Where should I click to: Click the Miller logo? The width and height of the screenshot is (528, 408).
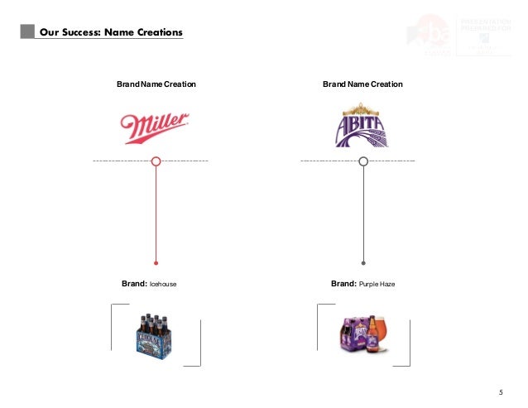tap(155, 127)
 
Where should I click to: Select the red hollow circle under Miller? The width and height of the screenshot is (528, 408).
tap(156, 161)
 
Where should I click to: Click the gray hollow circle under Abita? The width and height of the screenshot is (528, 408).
tap(362, 161)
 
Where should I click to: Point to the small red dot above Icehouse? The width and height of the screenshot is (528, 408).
tap(156, 262)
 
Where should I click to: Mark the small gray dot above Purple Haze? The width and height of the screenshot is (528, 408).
tap(362, 262)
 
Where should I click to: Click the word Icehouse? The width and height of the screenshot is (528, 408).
tap(163, 285)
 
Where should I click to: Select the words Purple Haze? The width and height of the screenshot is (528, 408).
tap(377, 285)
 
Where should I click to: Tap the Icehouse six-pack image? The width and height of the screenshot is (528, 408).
tap(156, 335)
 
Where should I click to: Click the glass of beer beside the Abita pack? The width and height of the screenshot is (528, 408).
tap(373, 331)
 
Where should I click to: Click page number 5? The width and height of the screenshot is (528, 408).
tap(501, 391)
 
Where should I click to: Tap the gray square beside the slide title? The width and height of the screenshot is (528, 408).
tap(28, 32)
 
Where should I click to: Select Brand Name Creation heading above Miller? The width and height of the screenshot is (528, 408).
tap(156, 84)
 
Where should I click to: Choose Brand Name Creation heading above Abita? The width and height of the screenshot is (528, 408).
tap(362, 84)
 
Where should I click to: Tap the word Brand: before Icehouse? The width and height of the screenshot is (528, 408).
tap(134, 284)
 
